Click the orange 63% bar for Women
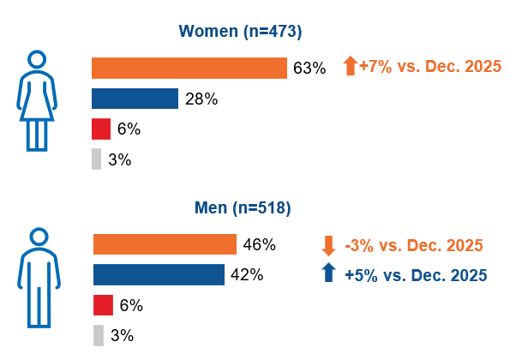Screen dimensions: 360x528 point(189,68)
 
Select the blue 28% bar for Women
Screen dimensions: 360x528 point(135,99)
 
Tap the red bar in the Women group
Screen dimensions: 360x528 point(101,129)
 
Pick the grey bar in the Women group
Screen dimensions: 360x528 point(96,159)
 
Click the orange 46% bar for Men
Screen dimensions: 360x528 point(164,244)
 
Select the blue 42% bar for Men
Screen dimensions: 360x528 point(159,274)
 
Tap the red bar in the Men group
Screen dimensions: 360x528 point(102,305)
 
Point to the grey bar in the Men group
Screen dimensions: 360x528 point(98,335)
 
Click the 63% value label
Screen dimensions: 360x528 point(309,69)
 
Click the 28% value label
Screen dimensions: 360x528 point(201,99)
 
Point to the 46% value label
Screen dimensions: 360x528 point(259,245)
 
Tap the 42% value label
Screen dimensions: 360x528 point(247,275)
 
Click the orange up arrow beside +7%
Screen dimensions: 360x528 point(350,66)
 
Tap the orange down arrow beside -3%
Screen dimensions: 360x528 point(328,245)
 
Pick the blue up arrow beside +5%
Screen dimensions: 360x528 point(328,274)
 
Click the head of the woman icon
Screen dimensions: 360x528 point(36,59)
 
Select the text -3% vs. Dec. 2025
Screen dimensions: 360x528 point(407,245)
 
